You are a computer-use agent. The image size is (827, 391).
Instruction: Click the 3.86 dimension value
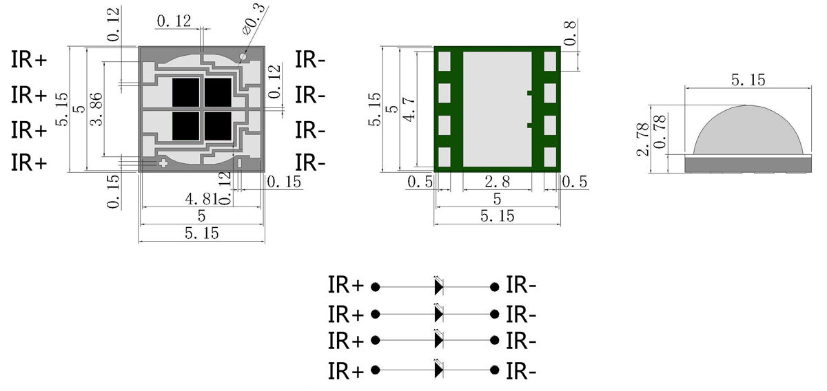point(97,109)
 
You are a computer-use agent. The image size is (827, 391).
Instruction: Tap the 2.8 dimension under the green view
point(496,182)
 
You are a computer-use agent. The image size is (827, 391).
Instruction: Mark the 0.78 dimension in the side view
point(660,132)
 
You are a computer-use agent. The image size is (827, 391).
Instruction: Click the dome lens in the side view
point(748,132)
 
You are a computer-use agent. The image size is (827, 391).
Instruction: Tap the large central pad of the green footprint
point(496,109)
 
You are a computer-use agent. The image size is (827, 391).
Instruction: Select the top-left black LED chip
point(185,92)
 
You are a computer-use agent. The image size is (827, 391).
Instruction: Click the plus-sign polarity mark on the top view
point(163,163)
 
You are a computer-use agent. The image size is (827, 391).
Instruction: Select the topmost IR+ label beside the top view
point(29,60)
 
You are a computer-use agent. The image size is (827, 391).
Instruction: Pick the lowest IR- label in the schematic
point(521,371)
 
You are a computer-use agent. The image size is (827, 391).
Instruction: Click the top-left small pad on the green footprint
point(445,61)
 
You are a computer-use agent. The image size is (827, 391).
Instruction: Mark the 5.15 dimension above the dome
point(748,80)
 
